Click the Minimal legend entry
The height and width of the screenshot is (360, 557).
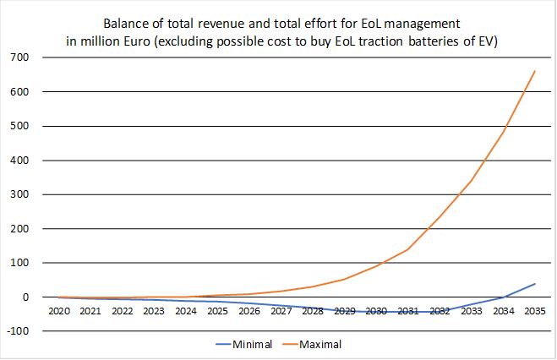(253, 345)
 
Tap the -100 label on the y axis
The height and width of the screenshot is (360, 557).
(16, 331)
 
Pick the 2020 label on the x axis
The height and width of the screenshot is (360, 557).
(59, 311)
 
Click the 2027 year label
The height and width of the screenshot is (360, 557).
(281, 311)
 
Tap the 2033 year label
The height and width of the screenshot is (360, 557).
(472, 311)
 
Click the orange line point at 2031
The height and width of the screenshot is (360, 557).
(408, 249)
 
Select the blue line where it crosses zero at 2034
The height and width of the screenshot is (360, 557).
(504, 297)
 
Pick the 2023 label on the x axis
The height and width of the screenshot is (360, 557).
(155, 311)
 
